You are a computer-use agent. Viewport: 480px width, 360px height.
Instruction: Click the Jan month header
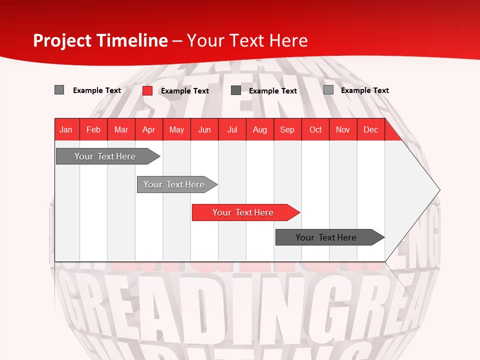pyautogui.click(x=66, y=129)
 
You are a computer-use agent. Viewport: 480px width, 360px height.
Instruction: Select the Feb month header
pyautogui.click(x=93, y=129)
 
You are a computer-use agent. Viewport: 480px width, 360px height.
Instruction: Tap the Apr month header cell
pyautogui.click(x=149, y=129)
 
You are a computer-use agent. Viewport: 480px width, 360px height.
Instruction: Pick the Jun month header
pyautogui.click(x=204, y=129)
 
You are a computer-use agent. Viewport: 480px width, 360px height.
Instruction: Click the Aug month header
pyautogui.click(x=260, y=129)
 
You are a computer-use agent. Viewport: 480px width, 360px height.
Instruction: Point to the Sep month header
pyautogui.click(x=287, y=129)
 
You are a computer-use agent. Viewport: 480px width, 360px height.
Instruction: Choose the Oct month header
pyautogui.click(x=315, y=129)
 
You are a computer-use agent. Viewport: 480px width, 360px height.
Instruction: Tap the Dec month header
pyautogui.click(x=370, y=129)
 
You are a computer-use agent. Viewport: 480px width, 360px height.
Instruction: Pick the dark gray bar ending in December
pyautogui.click(x=327, y=237)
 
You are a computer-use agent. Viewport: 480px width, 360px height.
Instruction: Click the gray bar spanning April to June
pyautogui.click(x=175, y=184)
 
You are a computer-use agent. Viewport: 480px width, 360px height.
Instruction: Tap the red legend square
pyautogui.click(x=147, y=90)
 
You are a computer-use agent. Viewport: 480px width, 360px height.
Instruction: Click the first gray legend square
pyautogui.click(x=59, y=90)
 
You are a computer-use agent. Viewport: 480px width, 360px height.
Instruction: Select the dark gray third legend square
pyautogui.click(x=236, y=90)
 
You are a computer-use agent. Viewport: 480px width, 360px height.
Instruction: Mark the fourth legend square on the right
pyautogui.click(x=328, y=90)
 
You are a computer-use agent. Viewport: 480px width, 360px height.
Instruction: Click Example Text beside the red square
pyautogui.click(x=184, y=91)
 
